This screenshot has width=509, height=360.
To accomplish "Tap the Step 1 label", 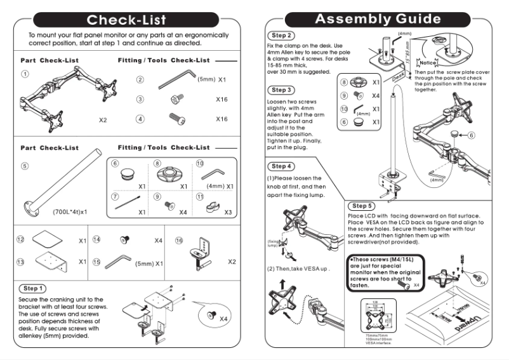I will coord(33,288).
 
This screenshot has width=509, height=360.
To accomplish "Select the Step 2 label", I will coord(282,36).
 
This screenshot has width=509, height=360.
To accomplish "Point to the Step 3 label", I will coord(282,90).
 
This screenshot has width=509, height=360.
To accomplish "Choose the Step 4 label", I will coord(282,166).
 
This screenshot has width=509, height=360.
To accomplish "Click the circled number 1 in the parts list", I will coord(25,74).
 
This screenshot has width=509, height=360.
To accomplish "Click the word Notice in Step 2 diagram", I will coord(428,63).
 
